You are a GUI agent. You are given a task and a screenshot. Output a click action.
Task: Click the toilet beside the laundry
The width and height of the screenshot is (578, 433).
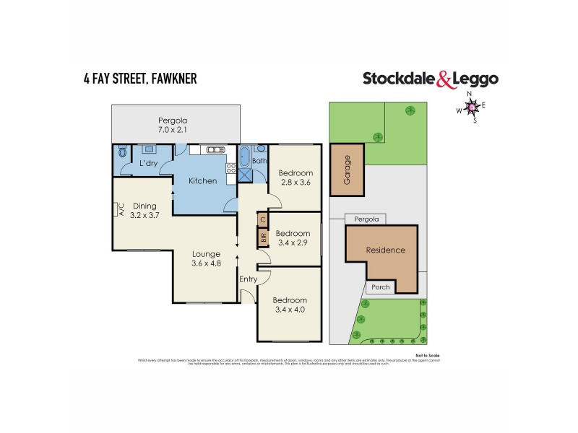click(121, 153)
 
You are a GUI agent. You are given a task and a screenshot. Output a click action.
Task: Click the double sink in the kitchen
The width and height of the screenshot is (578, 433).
click(215, 150)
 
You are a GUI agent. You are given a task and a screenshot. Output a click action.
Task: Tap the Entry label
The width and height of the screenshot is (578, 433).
click(248, 279)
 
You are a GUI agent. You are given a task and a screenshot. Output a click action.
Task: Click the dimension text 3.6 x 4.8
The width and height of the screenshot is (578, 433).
click(206, 263)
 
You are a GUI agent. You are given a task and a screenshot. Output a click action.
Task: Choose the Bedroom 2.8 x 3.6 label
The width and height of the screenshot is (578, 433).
click(296, 178)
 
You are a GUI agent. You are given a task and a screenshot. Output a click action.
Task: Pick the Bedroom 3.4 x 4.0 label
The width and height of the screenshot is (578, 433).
click(290, 305)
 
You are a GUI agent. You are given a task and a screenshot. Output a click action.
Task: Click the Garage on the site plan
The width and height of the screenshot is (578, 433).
click(347, 170)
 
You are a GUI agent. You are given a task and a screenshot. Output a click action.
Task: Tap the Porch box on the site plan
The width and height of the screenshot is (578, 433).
click(380, 287)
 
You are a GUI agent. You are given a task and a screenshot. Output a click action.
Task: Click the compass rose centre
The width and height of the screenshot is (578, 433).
click(472, 108)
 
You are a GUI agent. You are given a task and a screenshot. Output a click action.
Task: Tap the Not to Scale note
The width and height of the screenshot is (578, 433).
click(428, 355)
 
